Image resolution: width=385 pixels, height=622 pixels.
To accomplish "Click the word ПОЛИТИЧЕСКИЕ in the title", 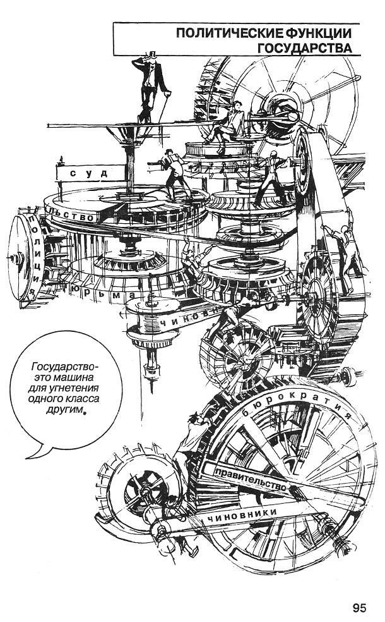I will (232, 32).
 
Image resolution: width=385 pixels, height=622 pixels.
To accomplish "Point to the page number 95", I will (360, 608).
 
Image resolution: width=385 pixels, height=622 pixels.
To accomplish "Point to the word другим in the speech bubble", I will (64, 410).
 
